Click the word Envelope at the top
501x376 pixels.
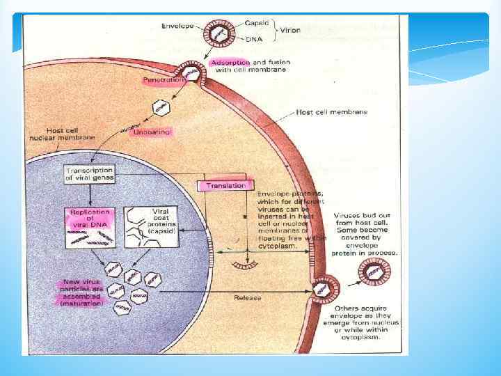pyautogui.click(x=177, y=26)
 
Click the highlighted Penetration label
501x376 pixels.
pyautogui.click(x=164, y=80)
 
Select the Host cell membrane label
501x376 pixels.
pyautogui.click(x=332, y=111)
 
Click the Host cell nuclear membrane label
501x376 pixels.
pyautogui.click(x=67, y=134)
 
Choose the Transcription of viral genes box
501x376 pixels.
pyautogui.click(x=89, y=174)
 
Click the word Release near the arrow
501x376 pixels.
pyautogui.click(x=248, y=297)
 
